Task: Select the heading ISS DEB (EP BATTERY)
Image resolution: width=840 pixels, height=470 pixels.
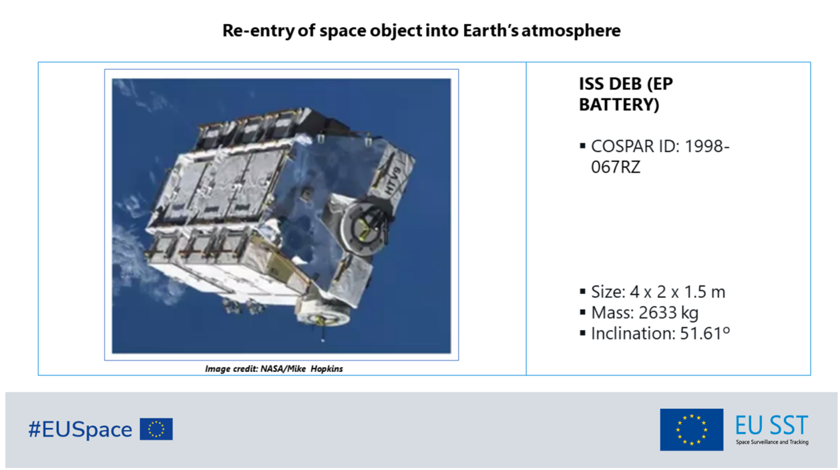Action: (626, 94)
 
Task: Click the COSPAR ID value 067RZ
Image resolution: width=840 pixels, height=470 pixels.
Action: (616, 167)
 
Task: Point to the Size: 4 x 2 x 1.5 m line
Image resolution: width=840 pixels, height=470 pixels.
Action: (658, 292)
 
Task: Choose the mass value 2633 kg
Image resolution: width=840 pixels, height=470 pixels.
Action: (668, 313)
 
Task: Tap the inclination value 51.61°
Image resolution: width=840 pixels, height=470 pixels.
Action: (705, 333)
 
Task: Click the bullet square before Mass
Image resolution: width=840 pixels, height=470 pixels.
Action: (582, 312)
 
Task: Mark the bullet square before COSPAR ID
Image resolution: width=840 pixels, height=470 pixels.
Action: (582, 146)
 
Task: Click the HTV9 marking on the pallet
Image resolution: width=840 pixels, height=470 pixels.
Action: (393, 181)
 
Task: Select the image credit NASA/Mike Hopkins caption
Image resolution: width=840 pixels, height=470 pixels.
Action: (274, 369)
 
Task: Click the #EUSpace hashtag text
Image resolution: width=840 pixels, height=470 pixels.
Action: (80, 429)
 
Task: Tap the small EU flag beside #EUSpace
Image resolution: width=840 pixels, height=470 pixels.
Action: (156, 429)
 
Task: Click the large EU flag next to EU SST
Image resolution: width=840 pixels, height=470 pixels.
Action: (692, 429)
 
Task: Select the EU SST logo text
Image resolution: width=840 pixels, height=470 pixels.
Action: (771, 425)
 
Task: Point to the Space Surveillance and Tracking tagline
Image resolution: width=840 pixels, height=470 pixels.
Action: (772, 442)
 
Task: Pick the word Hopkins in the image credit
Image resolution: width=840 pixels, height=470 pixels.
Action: (327, 369)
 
